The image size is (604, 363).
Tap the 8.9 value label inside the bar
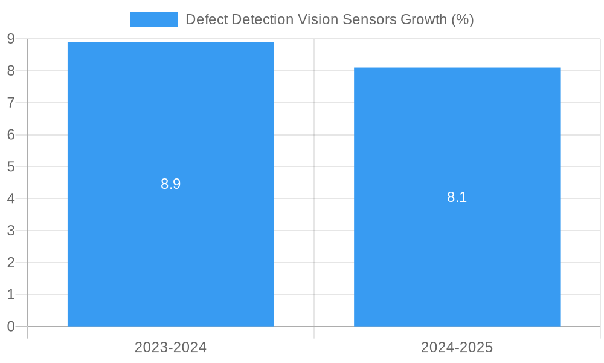[170, 184]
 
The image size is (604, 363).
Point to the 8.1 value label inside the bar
[457, 197]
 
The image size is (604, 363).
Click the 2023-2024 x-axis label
[170, 347]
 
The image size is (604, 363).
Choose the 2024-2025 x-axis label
[457, 347]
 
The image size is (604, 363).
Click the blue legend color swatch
[153, 19]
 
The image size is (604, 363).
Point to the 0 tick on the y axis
[11, 327]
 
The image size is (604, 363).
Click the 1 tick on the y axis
[11, 295]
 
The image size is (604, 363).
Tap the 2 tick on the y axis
[11, 263]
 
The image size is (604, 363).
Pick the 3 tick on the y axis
[11, 231]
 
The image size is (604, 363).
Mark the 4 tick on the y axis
[11, 198]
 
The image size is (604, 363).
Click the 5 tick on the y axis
[11, 167]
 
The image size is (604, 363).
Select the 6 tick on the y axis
[11, 135]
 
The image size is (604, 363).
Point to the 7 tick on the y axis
[11, 103]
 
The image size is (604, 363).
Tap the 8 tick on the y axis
[11, 71]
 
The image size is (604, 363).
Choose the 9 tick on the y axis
[11, 39]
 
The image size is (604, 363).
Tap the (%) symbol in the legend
[462, 19]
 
